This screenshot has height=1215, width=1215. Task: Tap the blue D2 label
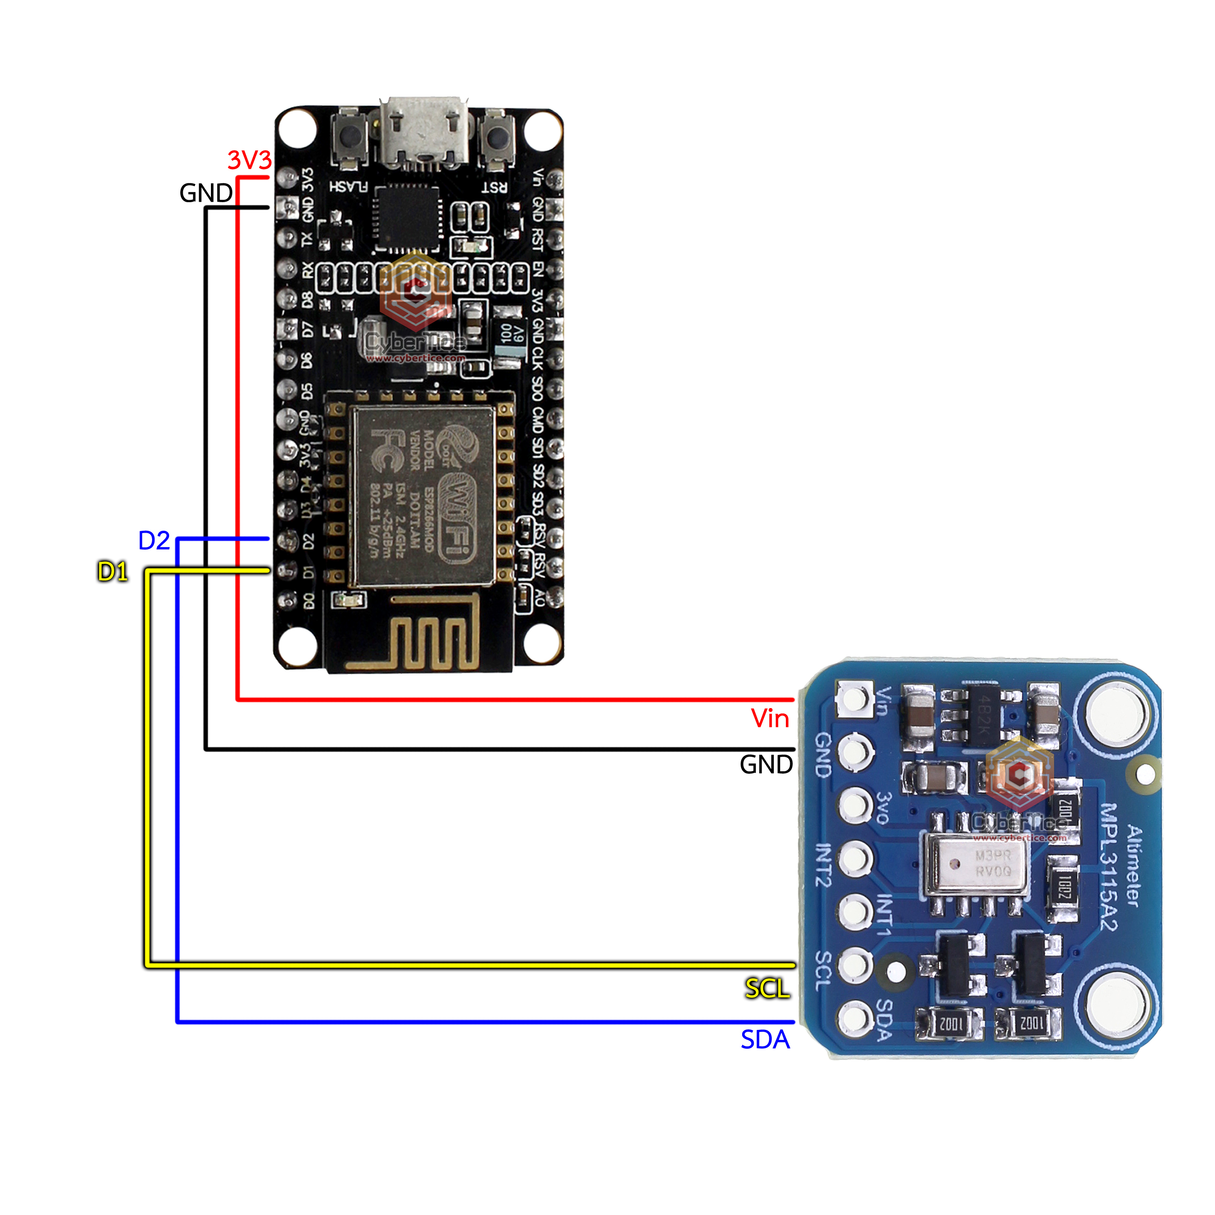154,540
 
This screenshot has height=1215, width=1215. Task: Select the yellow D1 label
113,571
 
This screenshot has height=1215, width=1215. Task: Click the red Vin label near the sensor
770,718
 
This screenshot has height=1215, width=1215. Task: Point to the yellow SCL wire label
767,989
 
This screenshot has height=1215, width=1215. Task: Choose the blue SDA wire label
764,1040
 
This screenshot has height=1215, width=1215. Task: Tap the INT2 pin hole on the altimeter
855,858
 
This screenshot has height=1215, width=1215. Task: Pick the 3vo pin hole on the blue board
855,804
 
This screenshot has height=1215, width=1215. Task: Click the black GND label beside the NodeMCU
206,193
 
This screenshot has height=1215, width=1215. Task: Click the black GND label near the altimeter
765,764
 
